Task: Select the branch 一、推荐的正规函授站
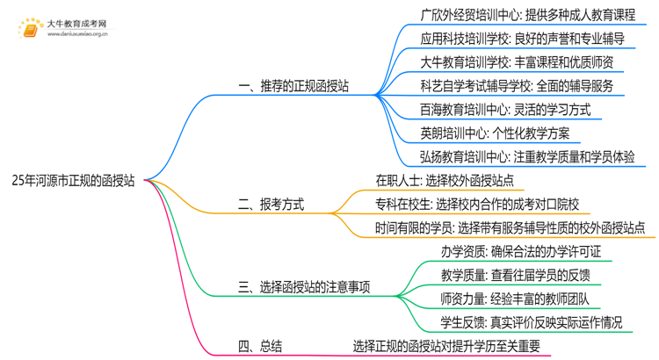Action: pyautogui.click(x=293, y=87)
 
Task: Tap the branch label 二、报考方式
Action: pyautogui.click(x=272, y=205)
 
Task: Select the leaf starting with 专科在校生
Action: pyautogui.click(x=469, y=205)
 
